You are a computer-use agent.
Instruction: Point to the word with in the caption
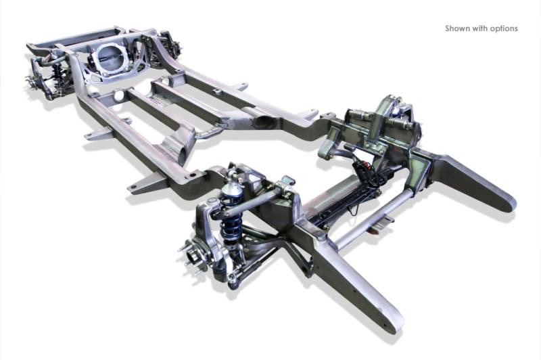[x=479, y=28]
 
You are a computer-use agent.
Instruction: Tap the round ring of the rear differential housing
[x=110, y=58]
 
